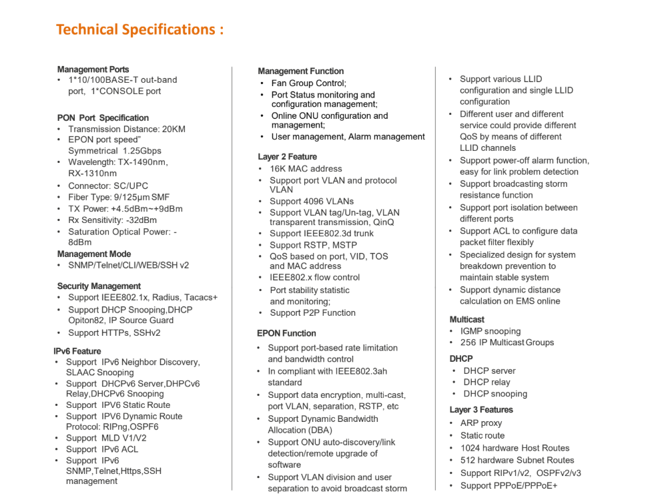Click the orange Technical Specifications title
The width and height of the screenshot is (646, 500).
click(x=139, y=30)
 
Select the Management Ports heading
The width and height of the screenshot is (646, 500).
click(x=93, y=69)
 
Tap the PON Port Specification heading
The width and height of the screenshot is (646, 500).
click(x=103, y=117)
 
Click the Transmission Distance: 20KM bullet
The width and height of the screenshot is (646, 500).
click(x=126, y=129)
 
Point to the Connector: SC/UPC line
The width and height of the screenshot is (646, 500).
click(x=108, y=186)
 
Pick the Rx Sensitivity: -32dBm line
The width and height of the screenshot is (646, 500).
click(x=112, y=220)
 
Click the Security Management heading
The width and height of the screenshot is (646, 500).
click(x=99, y=286)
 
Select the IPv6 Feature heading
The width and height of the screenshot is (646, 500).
click(x=77, y=351)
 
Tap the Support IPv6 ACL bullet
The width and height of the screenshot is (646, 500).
click(x=101, y=449)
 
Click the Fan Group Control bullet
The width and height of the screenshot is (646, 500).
click(x=308, y=83)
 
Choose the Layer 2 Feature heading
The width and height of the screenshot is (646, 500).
click(x=287, y=157)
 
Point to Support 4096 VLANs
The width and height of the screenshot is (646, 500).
click(x=311, y=201)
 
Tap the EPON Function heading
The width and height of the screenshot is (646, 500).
click(x=286, y=333)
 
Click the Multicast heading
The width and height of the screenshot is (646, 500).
click(x=467, y=319)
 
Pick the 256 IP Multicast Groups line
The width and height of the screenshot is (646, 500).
click(x=507, y=342)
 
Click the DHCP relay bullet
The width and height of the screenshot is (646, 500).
click(x=487, y=382)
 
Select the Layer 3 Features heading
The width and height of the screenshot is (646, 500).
click(x=481, y=409)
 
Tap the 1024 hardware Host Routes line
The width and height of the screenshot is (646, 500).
click(x=515, y=448)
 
